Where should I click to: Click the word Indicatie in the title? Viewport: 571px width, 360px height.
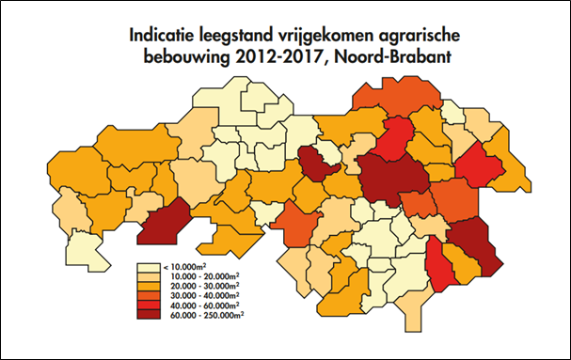tap(166, 35)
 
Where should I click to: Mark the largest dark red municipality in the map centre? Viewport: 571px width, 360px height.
tap(389, 178)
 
